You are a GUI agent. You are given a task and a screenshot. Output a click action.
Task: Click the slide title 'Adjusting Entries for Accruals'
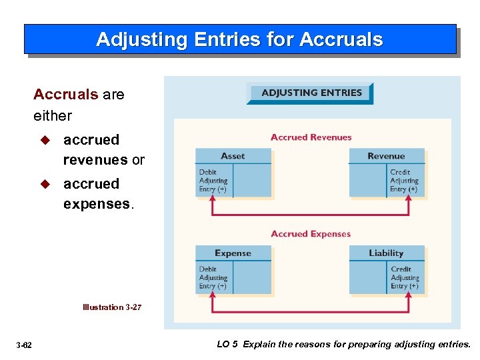pyautogui.click(x=239, y=39)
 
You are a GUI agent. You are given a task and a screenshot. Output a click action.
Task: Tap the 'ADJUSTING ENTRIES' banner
pyautogui.click(x=311, y=93)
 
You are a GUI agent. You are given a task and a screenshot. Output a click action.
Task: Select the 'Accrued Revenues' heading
pyautogui.click(x=311, y=137)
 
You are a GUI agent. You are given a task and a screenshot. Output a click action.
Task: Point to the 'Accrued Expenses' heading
pyautogui.click(x=311, y=234)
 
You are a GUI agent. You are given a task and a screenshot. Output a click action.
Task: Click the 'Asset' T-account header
pyautogui.click(x=233, y=156)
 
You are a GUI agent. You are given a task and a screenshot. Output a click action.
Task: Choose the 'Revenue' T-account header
pyautogui.click(x=386, y=156)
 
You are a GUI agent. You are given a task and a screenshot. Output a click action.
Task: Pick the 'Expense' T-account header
pyautogui.click(x=233, y=253)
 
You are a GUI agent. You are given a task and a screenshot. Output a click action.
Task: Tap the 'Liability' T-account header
pyautogui.click(x=386, y=253)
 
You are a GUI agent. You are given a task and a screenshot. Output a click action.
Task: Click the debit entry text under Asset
pyautogui.click(x=213, y=181)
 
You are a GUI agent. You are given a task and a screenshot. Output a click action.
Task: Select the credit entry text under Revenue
pyautogui.click(x=404, y=181)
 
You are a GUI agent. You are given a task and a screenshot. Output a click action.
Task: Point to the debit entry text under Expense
pyautogui.click(x=213, y=277)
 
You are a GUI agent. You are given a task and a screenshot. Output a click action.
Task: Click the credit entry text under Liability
pyautogui.click(x=405, y=277)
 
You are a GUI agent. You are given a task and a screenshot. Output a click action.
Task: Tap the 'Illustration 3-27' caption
pyautogui.click(x=112, y=307)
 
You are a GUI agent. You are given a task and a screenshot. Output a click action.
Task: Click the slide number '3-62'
pyautogui.click(x=25, y=345)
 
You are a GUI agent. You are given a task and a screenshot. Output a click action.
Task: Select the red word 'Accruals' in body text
pyautogui.click(x=65, y=94)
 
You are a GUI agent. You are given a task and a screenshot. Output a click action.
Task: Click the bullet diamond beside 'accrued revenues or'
pyautogui.click(x=45, y=140)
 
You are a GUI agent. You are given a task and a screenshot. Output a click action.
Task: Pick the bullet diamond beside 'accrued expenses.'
pyautogui.click(x=45, y=184)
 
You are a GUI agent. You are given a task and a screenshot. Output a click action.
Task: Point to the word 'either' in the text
pyautogui.click(x=53, y=115)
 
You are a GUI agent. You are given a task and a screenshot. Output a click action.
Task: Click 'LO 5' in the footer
pyautogui.click(x=227, y=344)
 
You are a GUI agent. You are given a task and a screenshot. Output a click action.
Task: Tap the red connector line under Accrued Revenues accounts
pyautogui.click(x=311, y=214)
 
